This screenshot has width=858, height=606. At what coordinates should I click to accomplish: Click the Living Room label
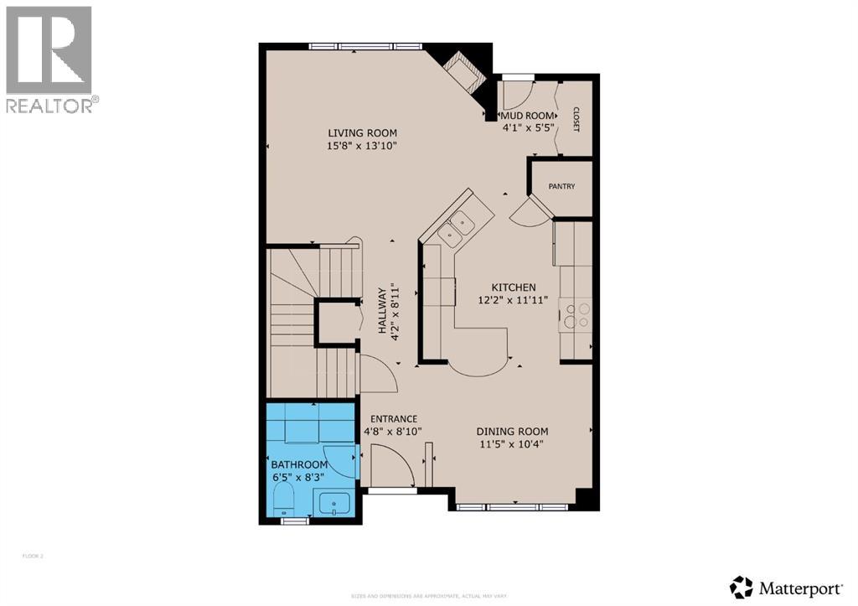click(362, 132)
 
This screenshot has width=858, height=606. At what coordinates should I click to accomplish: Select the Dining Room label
click(513, 432)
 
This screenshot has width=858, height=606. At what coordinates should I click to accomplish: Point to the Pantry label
click(561, 186)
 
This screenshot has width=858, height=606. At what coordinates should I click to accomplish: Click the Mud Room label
click(528, 116)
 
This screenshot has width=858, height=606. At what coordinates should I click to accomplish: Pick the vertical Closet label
click(576, 119)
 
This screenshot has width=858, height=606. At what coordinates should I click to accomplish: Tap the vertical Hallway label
click(381, 312)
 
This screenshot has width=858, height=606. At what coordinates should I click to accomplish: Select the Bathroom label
click(298, 464)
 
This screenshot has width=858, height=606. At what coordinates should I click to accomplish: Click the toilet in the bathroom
click(284, 496)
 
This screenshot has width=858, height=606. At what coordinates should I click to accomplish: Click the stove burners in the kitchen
click(577, 315)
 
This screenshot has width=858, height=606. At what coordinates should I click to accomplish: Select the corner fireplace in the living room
click(463, 70)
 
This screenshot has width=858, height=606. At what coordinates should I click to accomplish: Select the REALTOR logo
click(49, 59)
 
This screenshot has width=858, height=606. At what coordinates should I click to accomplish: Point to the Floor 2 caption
click(32, 556)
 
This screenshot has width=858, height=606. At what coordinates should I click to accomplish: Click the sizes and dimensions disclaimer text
click(428, 596)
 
